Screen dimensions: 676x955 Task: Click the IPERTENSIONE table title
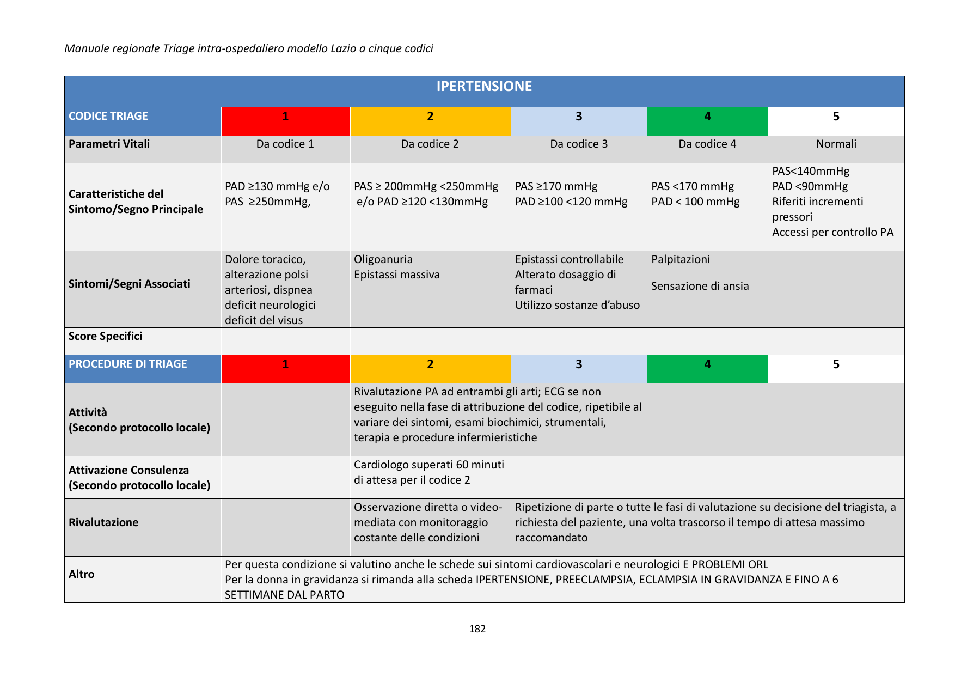pyautogui.click(x=484, y=87)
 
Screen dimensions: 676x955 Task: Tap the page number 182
pyautogui.click(x=477, y=629)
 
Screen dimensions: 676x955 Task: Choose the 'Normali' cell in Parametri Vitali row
pyautogui.click(x=836, y=144)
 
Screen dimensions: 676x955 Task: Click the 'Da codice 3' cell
pyautogui.click(x=579, y=144)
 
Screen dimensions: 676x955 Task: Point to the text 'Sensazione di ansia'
pyautogui.click(x=700, y=287)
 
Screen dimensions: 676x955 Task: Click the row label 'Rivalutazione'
pyautogui.click(x=103, y=523)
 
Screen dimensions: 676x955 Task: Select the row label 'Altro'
pyautogui.click(x=82, y=575)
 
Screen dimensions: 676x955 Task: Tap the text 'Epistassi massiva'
pyautogui.click(x=396, y=275)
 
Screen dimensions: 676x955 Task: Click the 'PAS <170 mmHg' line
pyautogui.click(x=693, y=187)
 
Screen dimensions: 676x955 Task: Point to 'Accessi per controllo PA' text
pyautogui.click(x=832, y=233)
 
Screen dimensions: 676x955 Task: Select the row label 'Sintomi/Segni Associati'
pyautogui.click(x=130, y=284)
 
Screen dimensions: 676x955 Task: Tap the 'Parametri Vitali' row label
pyautogui.click(x=109, y=144)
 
